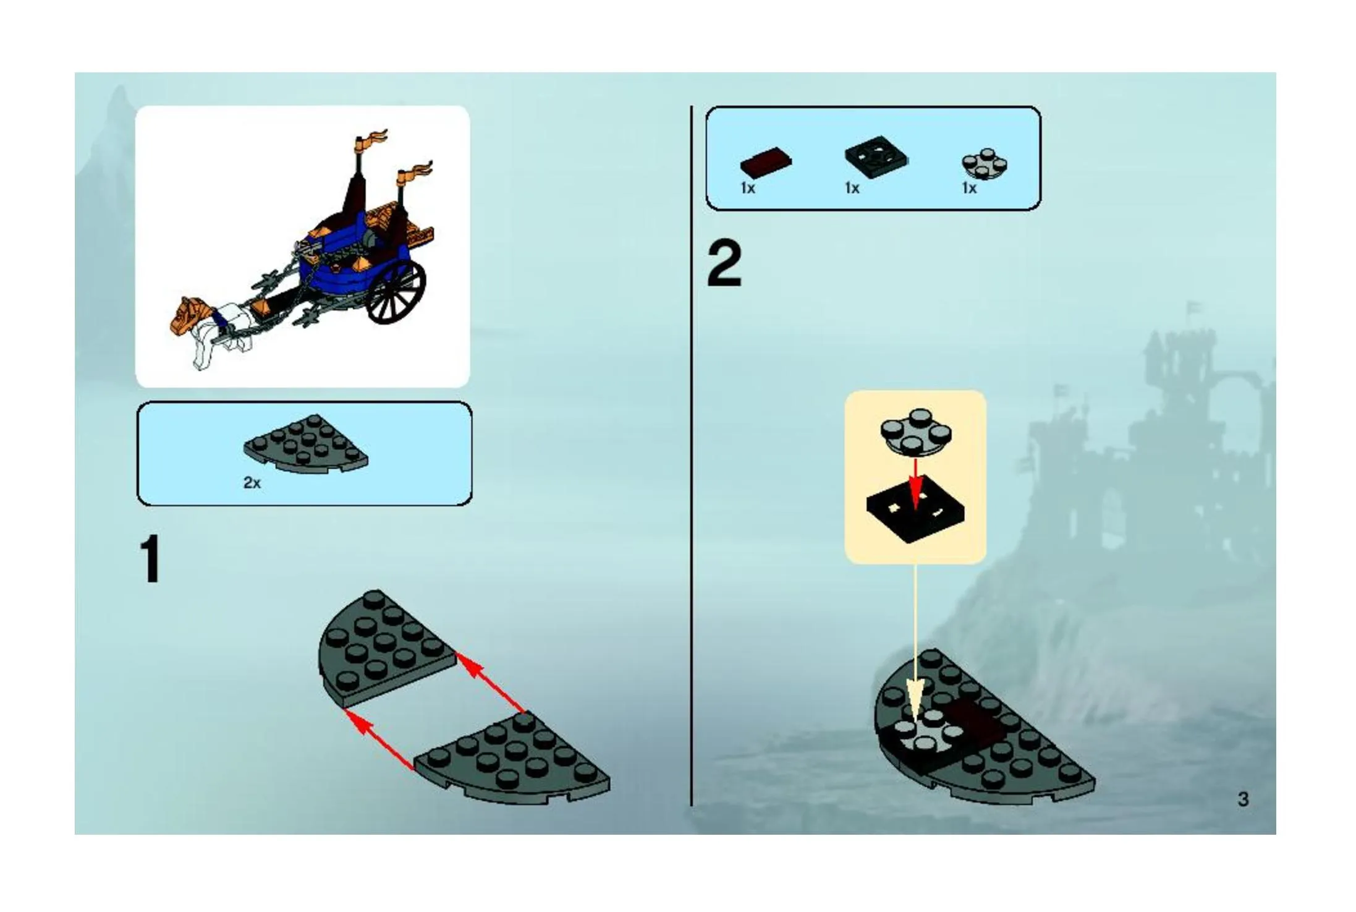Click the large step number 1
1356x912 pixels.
(150, 560)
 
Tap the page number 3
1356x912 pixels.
(1244, 799)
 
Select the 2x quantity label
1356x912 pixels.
(252, 483)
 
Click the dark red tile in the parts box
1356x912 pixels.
(766, 163)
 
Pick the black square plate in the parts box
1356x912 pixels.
(876, 158)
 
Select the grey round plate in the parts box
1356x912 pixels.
(985, 164)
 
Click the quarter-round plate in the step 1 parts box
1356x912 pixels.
(306, 445)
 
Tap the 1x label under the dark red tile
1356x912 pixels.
(748, 188)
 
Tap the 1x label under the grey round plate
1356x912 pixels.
(969, 188)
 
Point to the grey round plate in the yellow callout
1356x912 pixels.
(916, 431)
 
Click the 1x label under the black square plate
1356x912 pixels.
(852, 188)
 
